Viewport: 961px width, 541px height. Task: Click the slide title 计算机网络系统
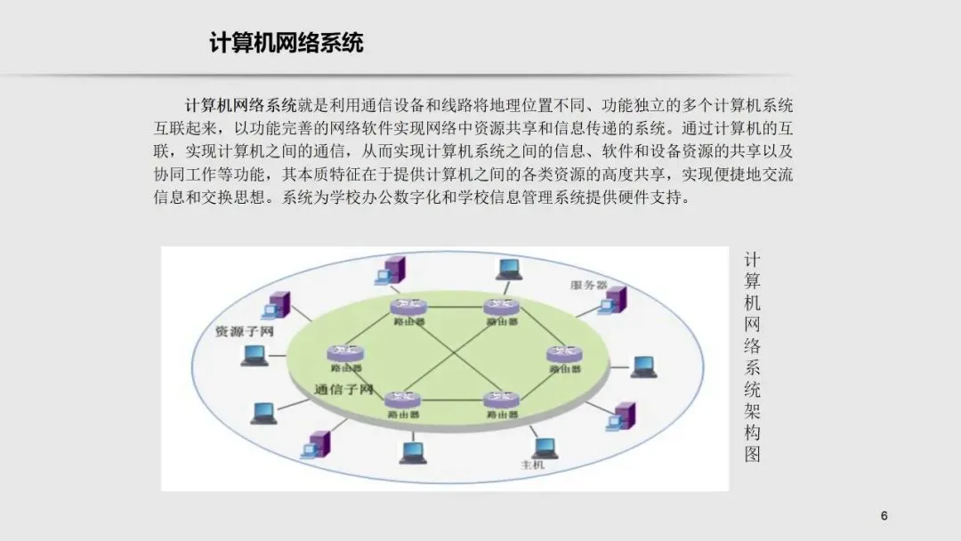click(x=287, y=43)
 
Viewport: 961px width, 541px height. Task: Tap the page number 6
click(x=884, y=517)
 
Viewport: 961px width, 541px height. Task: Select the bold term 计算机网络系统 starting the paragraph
click(x=240, y=105)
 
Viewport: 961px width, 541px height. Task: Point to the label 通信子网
click(x=343, y=390)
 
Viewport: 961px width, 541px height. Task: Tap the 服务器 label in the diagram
click(x=588, y=285)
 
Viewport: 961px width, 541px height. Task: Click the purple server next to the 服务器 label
click(x=612, y=300)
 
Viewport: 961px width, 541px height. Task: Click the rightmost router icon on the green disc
click(x=564, y=354)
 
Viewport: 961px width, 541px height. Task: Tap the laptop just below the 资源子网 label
click(x=254, y=356)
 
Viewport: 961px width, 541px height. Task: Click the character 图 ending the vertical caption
click(x=752, y=455)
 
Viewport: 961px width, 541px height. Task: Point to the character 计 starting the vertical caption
click(x=752, y=260)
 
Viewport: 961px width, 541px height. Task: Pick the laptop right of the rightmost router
click(x=642, y=367)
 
